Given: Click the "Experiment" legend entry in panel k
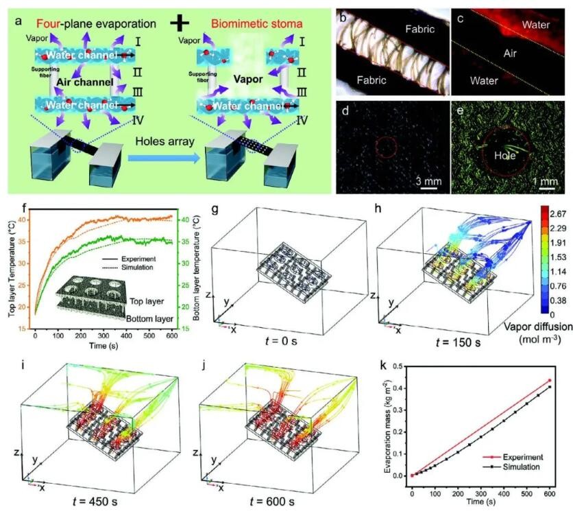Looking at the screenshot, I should coord(520,455).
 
